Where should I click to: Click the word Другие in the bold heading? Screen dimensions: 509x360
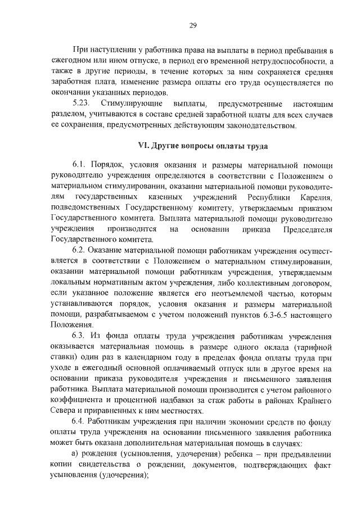coord(166,146)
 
